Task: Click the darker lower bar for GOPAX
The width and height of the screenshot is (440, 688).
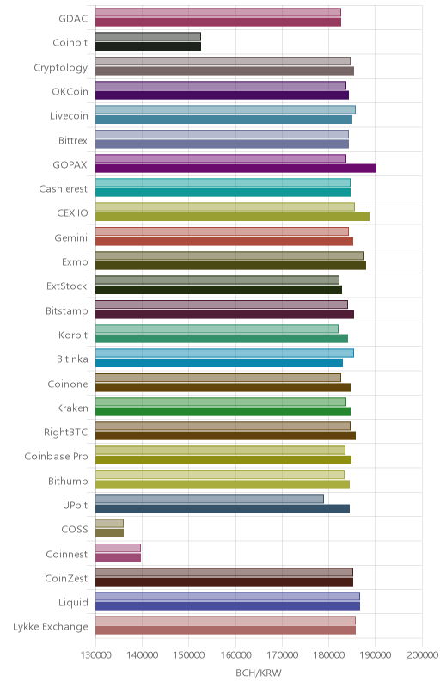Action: pos(235,168)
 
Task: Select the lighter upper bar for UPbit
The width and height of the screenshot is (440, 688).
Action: pos(210,499)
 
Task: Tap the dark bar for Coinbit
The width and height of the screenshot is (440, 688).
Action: pos(148,46)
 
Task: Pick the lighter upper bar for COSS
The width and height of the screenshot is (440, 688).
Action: pos(109,524)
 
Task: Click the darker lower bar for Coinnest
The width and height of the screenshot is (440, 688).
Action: pos(119,557)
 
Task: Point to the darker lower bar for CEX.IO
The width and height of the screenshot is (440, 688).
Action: pos(232,217)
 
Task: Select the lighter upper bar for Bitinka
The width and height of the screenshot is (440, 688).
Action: pos(224,353)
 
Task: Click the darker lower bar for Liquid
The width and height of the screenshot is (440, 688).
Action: pos(228,606)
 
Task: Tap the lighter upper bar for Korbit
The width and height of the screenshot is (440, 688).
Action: pos(217,329)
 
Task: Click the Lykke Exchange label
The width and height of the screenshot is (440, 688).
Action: pos(51,627)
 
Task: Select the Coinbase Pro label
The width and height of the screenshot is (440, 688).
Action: pos(56,457)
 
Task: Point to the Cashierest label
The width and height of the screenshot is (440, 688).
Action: pos(64,188)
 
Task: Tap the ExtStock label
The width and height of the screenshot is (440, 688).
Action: pos(67,286)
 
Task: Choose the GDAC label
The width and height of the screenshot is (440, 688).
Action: pos(73,18)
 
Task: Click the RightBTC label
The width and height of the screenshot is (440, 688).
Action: pos(65,433)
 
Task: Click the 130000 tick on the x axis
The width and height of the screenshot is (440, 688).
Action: pos(95,655)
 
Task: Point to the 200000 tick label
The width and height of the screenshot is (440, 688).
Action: pos(422,655)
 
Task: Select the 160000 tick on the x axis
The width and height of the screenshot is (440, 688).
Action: pos(235,655)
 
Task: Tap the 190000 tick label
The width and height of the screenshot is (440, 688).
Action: pos(376,655)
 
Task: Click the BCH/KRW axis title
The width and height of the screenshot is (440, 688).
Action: pos(259,673)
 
